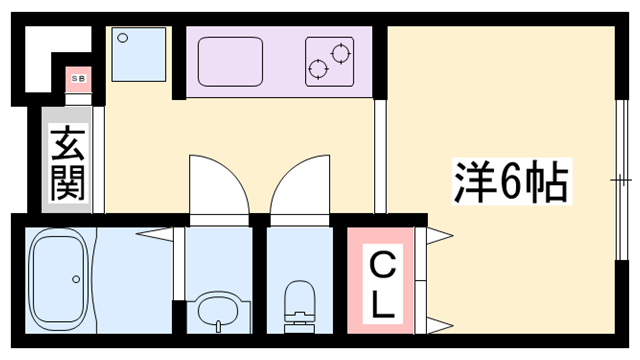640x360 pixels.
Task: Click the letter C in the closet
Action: click(382, 265)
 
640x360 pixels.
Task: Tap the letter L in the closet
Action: click(382, 306)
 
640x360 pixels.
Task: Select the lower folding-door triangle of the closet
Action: click(438, 321)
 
